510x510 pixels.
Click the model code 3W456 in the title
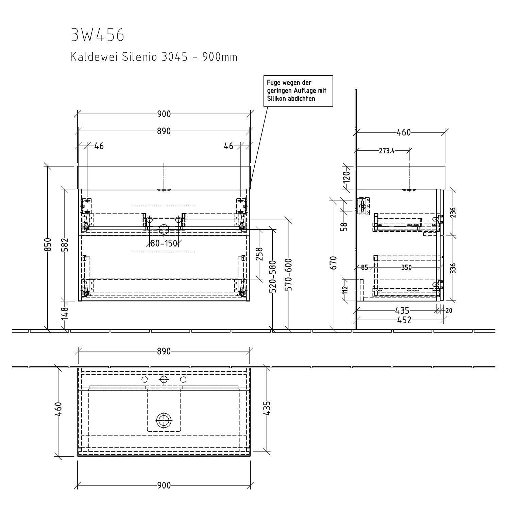[98, 35]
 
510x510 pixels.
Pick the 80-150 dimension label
[164, 243]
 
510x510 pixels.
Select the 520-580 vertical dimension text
[272, 276]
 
